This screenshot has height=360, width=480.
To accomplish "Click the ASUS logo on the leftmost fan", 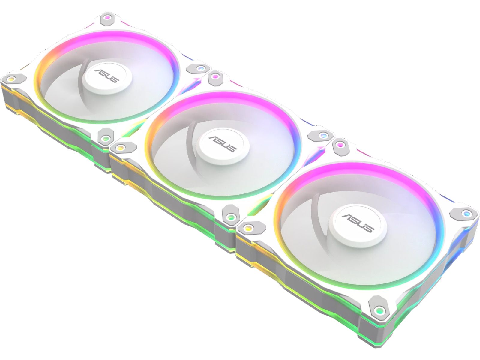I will point(107,75).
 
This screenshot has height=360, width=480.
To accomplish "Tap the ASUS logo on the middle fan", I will point(222,144).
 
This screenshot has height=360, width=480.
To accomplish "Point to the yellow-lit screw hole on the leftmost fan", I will point(11,79).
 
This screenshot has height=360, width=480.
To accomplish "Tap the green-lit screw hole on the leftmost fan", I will point(105,138).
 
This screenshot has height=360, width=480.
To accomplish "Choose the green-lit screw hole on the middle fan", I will point(230,217).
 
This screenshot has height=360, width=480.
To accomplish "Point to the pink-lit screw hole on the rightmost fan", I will point(340,145).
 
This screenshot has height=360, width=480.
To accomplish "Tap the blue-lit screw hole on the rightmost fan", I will point(466,213).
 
